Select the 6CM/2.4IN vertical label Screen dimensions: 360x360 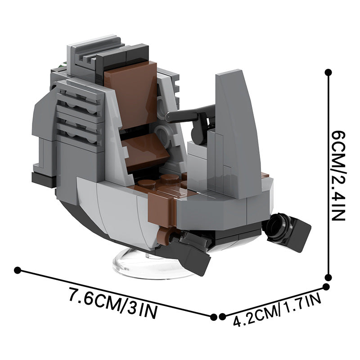pos(338,175)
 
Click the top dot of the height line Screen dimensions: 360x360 pos(328,72)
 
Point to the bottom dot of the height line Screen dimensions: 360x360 pos(328,277)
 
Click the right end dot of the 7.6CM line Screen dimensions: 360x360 pos(213,317)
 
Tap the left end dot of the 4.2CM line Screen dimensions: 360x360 pos(222,317)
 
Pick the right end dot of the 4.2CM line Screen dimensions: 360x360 pos(326,287)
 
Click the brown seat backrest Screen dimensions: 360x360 pos(131,94)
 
